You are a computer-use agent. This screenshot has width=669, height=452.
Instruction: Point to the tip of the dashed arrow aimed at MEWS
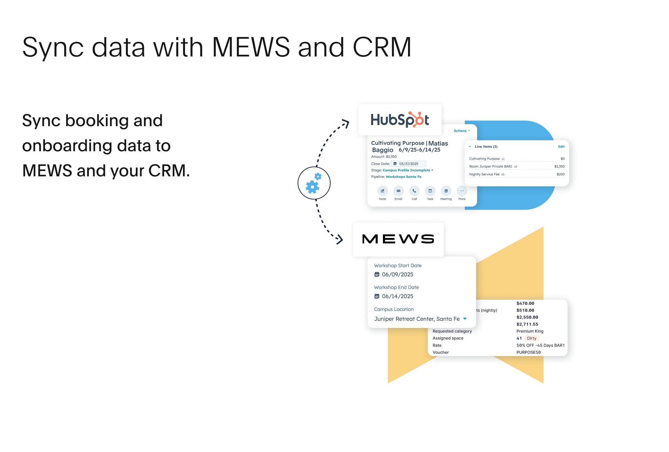(343, 239)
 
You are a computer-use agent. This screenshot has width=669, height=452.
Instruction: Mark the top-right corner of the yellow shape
(544, 227)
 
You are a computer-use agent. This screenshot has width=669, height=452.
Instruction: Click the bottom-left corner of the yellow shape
(388, 383)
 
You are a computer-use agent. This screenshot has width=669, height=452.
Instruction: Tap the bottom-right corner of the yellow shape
(544, 383)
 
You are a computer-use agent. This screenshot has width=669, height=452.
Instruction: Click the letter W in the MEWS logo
(408, 239)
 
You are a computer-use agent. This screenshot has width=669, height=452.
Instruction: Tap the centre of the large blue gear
(312, 187)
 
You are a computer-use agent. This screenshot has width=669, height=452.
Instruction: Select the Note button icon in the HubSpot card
(383, 191)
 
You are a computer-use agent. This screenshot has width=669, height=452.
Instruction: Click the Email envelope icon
(398, 191)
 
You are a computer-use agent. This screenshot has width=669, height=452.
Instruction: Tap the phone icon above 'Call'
(414, 191)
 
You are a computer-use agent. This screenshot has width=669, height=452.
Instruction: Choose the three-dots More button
(462, 191)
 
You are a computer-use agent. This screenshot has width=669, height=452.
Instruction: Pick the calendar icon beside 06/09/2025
(377, 275)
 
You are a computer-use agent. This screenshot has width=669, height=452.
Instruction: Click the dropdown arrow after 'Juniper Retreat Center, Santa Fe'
(465, 319)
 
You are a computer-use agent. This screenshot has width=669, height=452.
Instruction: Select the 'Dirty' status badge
(532, 338)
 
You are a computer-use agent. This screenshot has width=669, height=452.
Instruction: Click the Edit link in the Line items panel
(561, 147)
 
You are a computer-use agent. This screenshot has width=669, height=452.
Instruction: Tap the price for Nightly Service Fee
(561, 174)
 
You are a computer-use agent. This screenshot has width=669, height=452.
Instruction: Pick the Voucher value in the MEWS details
(529, 352)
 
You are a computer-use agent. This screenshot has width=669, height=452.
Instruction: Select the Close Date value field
(409, 164)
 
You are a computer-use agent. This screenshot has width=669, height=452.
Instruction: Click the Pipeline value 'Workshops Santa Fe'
(403, 177)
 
